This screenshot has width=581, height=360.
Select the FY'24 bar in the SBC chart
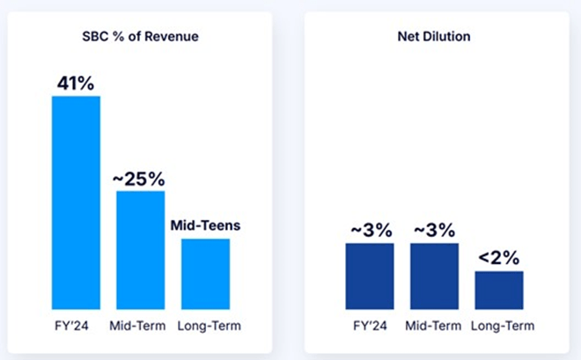coord(76,202)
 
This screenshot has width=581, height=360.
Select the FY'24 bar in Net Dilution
coord(369,276)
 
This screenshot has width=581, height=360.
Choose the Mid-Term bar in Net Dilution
coord(434,276)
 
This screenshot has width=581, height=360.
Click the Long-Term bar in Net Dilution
coord(499,290)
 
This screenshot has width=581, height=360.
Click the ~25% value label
coord(139,178)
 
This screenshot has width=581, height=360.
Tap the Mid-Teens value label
coord(205,225)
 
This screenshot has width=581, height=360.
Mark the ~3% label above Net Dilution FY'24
coord(369,231)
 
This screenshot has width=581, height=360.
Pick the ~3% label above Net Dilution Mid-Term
coord(434,231)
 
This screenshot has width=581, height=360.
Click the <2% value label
coord(499,258)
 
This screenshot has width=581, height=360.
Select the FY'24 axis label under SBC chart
coord(76,326)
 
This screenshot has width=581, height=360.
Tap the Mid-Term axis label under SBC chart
coord(141,326)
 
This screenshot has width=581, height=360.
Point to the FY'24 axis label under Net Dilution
coord(369,326)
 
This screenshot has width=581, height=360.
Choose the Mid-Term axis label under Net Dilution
coord(434,326)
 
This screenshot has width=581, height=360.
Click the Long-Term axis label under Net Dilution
coord(500,326)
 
